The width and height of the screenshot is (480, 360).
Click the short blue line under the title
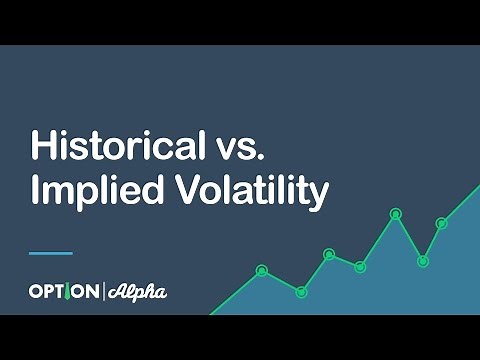click(51, 252)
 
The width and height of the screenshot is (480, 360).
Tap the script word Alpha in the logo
click(137, 292)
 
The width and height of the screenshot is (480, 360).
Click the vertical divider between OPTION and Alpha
click(103, 292)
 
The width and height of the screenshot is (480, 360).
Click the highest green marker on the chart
click(395, 213)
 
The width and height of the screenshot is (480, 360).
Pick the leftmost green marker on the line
click(262, 270)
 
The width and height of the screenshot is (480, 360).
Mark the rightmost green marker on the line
click(441, 223)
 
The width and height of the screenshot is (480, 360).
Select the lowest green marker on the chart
click(301, 291)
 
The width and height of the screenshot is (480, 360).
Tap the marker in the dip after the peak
click(422, 261)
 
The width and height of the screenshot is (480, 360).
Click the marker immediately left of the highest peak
click(360, 266)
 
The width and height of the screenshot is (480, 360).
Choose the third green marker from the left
click(329, 254)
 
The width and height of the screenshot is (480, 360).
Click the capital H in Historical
click(41, 146)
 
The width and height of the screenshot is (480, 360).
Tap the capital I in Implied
click(34, 190)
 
